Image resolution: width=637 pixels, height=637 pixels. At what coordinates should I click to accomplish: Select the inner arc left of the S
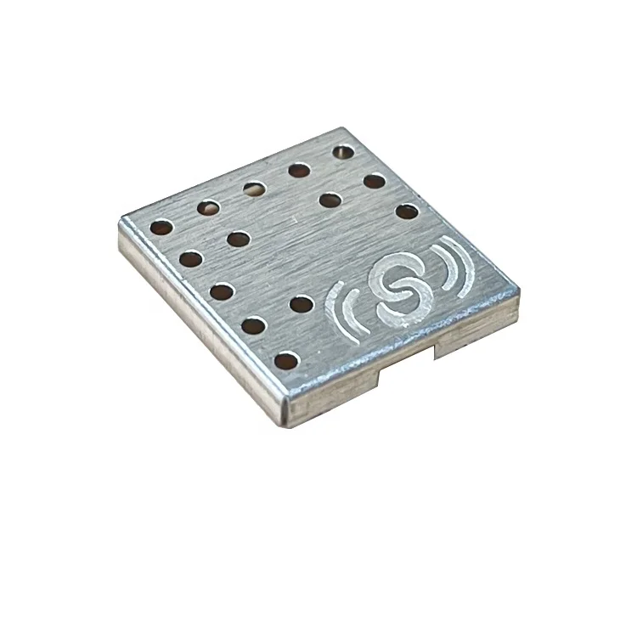358,309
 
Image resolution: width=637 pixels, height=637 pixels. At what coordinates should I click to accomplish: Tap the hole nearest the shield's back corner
343,153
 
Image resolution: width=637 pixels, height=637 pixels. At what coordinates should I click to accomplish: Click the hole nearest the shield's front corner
288,362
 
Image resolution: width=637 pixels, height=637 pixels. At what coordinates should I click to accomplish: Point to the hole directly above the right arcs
407,211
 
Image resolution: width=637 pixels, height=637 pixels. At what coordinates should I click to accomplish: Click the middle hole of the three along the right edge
373,181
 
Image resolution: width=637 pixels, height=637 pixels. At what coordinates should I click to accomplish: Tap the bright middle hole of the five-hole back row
252,188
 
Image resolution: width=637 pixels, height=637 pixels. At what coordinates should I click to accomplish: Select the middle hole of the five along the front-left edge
221,291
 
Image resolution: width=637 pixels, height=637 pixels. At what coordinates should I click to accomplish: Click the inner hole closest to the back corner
330,200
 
